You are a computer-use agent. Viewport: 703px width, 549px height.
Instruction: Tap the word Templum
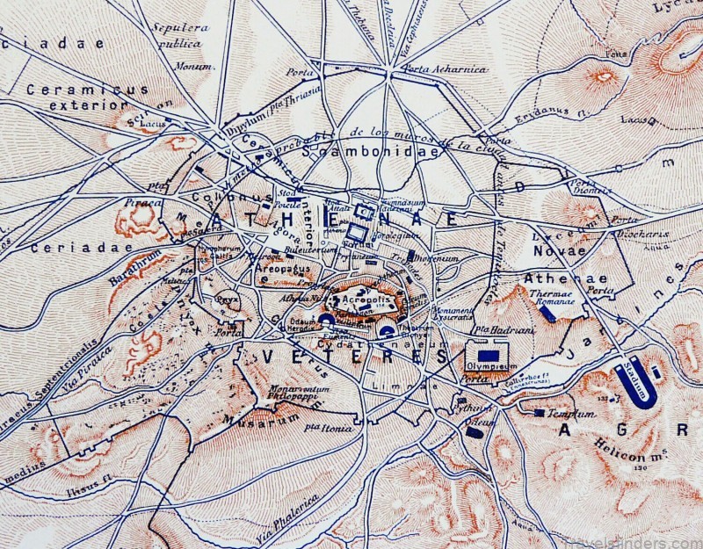(571, 413)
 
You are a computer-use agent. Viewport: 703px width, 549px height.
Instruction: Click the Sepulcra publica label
(180, 33)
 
